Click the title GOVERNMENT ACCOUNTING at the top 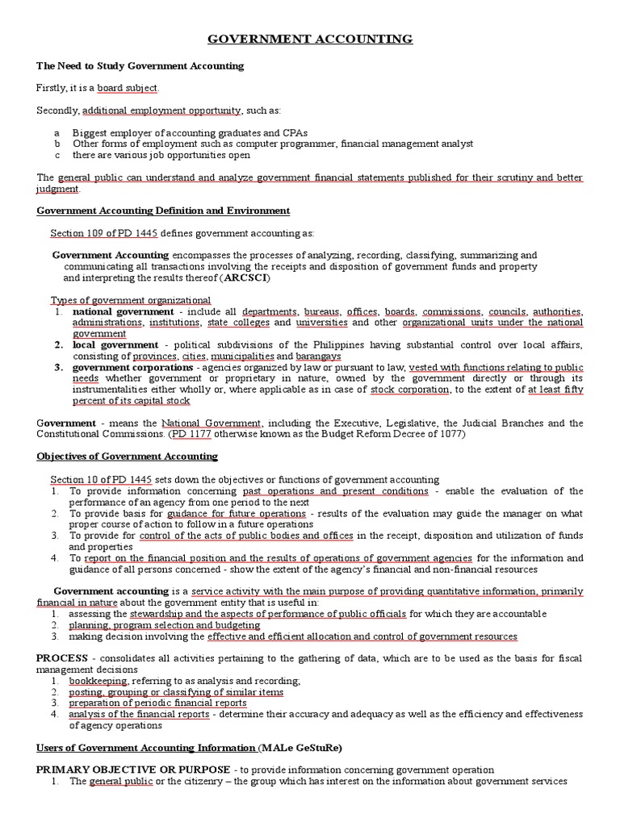tap(311, 39)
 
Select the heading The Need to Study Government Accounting tap(140, 65)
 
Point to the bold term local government tap(115, 344)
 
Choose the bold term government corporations tap(131, 367)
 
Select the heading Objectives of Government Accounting tap(128, 456)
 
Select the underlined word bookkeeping tap(98, 681)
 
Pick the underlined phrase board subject tap(127, 87)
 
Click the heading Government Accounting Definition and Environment tap(163, 211)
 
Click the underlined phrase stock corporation tap(409, 390)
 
